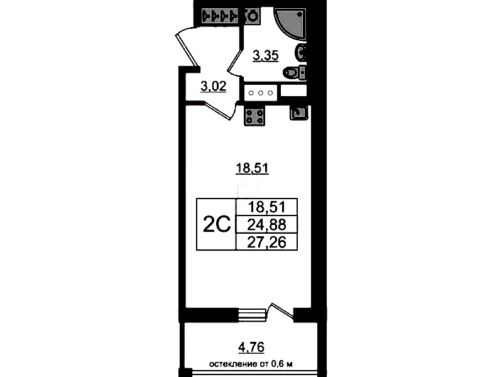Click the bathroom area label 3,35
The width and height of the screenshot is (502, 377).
(265, 56)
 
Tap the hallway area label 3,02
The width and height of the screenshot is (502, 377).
(213, 86)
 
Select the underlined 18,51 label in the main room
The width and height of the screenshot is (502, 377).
(252, 168)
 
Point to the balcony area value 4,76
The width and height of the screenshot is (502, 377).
(252, 347)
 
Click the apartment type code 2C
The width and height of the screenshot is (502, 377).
(217, 224)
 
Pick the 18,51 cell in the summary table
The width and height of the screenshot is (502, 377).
(266, 207)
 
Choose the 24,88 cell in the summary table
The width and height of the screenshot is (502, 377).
(266, 224)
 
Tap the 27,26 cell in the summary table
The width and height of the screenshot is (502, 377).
(266, 242)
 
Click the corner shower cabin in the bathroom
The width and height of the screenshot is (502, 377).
(290, 23)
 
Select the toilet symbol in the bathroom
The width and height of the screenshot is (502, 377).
(295, 72)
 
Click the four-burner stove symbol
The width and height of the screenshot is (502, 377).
(254, 116)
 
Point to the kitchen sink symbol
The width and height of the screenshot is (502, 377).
(299, 112)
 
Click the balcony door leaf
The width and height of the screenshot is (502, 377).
(282, 311)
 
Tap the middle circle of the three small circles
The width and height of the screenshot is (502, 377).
(261, 93)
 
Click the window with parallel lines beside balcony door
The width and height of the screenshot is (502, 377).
(253, 315)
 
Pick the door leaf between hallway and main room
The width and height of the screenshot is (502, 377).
(219, 111)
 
